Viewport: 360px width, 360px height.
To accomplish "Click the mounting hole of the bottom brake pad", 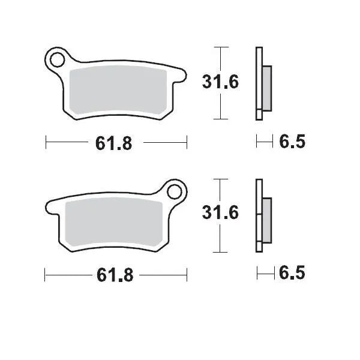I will [176, 192].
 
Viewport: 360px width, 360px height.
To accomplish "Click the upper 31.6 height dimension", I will [221, 82].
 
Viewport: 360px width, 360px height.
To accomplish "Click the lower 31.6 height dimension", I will [221, 214].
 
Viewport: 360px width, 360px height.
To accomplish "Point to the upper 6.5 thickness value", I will [292, 142].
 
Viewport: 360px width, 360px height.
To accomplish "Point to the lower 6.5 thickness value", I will [292, 274].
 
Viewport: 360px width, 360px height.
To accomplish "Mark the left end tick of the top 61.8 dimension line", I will [46, 143].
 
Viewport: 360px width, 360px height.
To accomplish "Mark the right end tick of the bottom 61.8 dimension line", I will [187, 275].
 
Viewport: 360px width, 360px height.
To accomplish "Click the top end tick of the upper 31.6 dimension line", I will [221, 47].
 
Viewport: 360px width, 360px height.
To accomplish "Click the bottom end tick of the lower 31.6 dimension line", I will [221, 251].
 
